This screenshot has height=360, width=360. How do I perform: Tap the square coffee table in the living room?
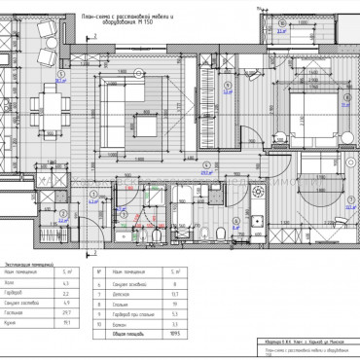click(149, 126)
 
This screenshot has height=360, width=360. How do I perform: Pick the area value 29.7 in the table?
click(64, 310)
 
